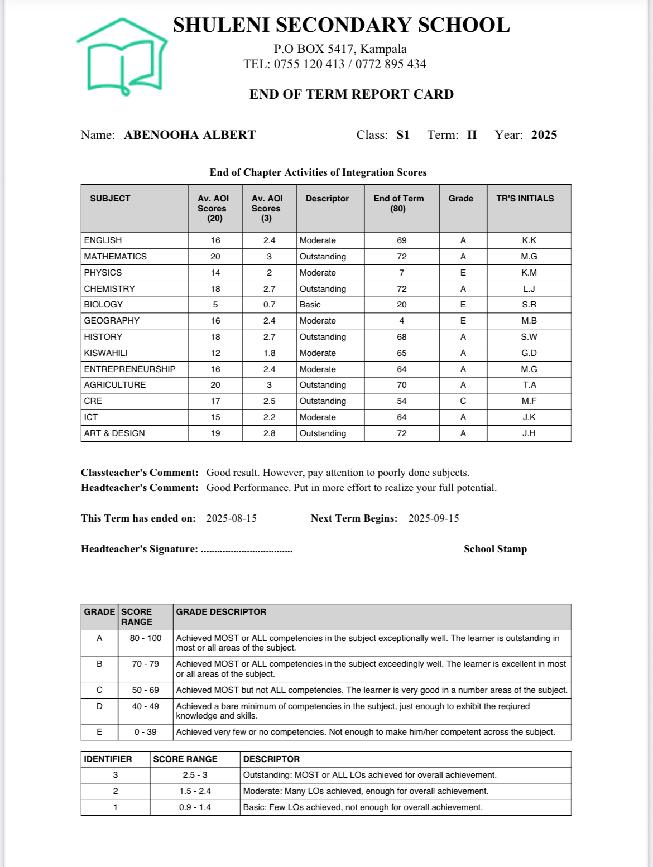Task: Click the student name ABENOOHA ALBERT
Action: tap(190, 135)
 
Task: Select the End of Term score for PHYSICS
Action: tap(401, 273)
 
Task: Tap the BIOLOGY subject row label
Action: tap(103, 305)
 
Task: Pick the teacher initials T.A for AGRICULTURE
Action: tap(529, 385)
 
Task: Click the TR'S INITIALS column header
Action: tap(525, 199)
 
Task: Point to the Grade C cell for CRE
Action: tap(463, 401)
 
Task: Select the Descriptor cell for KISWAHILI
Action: tap(318, 353)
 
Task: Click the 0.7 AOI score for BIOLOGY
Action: tap(269, 305)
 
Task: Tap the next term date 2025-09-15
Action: tap(434, 518)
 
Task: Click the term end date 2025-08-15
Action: tap(232, 518)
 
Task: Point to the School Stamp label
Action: tap(495, 549)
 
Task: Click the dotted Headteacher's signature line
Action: tap(247, 551)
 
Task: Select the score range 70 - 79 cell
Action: tap(145, 664)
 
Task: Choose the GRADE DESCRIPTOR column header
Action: tap(221, 612)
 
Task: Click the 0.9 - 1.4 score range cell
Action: tap(195, 807)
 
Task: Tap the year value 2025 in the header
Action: tap(544, 135)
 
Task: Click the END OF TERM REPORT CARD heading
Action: tap(352, 94)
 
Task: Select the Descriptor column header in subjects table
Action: tap(327, 199)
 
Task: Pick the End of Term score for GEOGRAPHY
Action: tap(401, 321)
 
